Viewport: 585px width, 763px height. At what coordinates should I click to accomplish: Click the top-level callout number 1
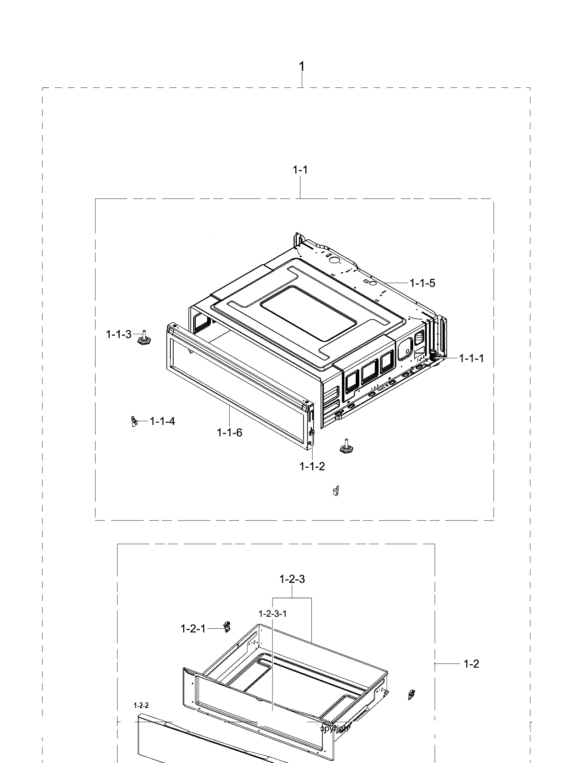pos(302,67)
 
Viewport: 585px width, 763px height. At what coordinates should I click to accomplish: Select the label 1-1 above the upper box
pos(300,170)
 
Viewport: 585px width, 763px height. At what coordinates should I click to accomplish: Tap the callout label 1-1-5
pos(422,283)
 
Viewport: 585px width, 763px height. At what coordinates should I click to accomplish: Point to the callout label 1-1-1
pos(471,358)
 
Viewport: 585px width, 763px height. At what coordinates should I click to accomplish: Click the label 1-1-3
pos(119,335)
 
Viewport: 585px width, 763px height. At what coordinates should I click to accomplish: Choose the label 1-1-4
pos(162,421)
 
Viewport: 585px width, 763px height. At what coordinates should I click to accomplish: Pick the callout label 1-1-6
pos(229,433)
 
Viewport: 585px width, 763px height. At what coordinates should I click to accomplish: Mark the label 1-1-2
pos(312,466)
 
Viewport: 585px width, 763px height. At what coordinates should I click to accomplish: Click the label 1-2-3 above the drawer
pos(292,579)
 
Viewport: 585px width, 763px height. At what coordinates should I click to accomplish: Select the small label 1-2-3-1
pos(272,614)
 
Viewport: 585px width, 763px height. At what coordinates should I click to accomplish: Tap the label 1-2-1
pos(193,629)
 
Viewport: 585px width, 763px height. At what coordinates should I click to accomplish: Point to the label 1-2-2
pos(141,705)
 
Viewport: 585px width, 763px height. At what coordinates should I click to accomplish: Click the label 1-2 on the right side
pos(471,664)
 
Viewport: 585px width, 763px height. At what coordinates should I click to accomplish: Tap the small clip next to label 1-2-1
pos(226,627)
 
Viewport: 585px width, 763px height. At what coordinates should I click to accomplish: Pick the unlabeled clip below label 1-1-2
pos(335,492)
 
